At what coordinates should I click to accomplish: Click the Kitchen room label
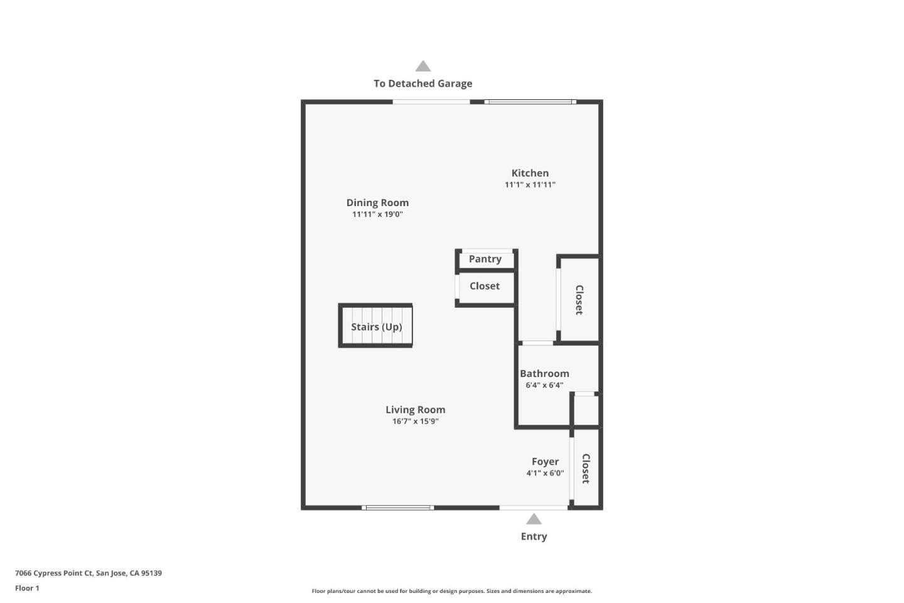point(530,173)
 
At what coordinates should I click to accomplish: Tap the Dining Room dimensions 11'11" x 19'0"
point(377,214)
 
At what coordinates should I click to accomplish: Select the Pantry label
point(485,259)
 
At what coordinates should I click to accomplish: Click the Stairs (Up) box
point(375,326)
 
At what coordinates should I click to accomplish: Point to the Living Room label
point(415,410)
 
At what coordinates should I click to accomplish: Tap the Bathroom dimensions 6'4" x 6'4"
point(544,385)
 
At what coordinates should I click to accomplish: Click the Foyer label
point(545,461)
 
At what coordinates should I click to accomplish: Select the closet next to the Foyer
point(586,468)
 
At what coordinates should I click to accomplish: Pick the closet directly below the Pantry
point(485,286)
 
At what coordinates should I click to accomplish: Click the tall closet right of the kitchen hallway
point(579,300)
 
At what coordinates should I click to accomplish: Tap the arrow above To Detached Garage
point(423,66)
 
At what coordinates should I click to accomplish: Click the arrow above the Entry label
point(534,519)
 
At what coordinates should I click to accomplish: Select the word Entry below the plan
point(534,536)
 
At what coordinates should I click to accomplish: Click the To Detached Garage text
point(422,84)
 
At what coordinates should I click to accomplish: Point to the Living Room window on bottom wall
point(398,508)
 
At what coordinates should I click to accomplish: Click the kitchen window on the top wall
point(530,102)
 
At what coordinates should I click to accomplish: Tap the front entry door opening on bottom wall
point(534,508)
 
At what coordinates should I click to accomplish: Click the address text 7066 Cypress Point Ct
point(89,573)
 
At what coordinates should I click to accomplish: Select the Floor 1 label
point(27,588)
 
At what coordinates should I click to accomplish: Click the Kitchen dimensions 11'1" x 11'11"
point(530,185)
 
